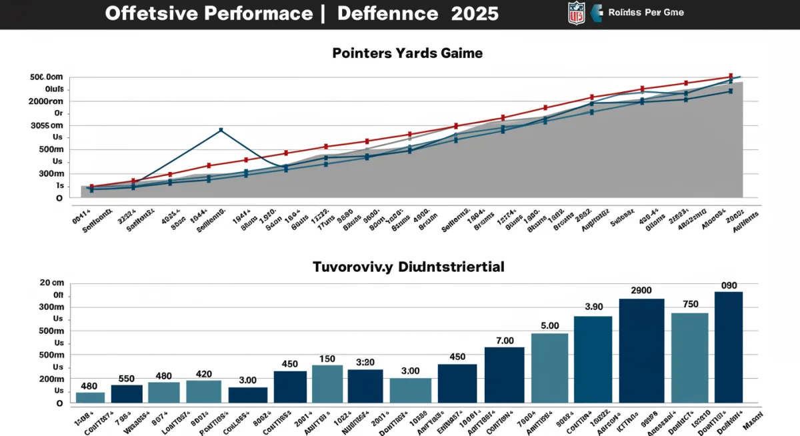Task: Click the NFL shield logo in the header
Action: pyautogui.click(x=576, y=13)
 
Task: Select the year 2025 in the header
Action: pyautogui.click(x=475, y=14)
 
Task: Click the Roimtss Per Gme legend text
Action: pyautogui.click(x=646, y=13)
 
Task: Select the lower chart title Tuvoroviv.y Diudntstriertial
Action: pyautogui.click(x=409, y=267)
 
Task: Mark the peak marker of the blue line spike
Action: pyautogui.click(x=221, y=131)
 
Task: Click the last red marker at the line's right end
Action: pyautogui.click(x=731, y=76)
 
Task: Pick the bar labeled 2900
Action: pyautogui.click(x=641, y=351)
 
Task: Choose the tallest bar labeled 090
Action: pyautogui.click(x=728, y=347)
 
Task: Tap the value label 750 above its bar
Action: pyautogui.click(x=690, y=304)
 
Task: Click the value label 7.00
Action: pyautogui.click(x=505, y=341)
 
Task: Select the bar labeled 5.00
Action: pyautogui.click(x=549, y=368)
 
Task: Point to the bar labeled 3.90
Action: pyautogui.click(x=593, y=359)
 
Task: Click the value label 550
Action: pyautogui.click(x=127, y=378)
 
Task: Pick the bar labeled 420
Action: pyautogui.click(x=203, y=391)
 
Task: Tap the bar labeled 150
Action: pyautogui.click(x=327, y=384)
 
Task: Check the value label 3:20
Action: pyautogui.click(x=365, y=363)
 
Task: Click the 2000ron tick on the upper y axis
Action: pyautogui.click(x=47, y=101)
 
